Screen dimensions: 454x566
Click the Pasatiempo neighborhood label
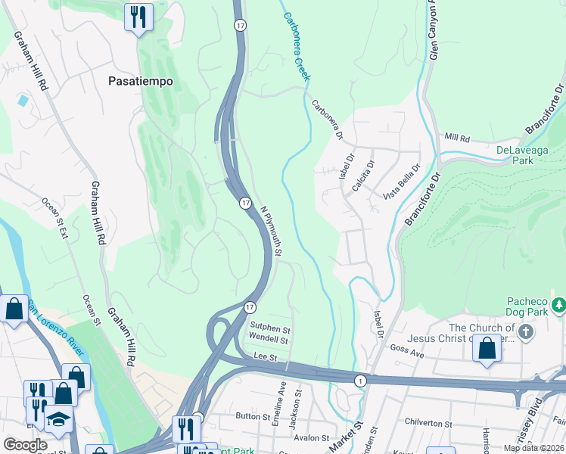tap(141, 80)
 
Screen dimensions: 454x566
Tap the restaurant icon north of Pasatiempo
tap(138, 17)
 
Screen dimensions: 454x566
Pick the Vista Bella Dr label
tap(401, 182)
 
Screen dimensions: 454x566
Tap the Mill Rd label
tap(458, 139)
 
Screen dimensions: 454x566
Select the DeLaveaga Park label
tap(525, 155)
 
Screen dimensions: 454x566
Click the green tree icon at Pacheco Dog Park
tap(558, 305)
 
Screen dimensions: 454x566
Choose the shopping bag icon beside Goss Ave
tap(487, 350)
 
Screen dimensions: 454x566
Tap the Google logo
tap(25, 445)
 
